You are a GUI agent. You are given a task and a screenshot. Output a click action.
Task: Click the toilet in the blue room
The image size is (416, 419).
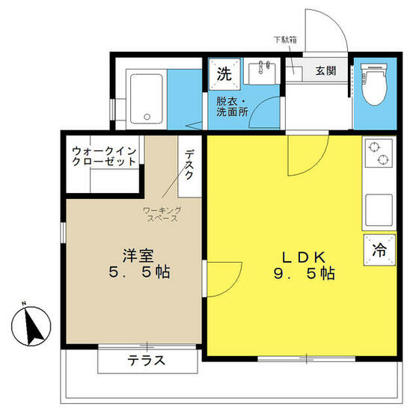pos(374,84)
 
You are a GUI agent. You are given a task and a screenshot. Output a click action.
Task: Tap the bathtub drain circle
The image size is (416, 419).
pos(147,117)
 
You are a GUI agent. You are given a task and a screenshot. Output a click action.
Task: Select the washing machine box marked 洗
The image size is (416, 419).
pos(224,74)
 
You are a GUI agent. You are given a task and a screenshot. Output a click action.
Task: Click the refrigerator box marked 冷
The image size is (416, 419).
pos(379,250)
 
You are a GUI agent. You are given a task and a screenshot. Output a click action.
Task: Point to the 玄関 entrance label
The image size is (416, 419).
pos(325,71)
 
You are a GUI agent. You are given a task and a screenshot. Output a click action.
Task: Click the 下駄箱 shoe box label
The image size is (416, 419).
pos(285,40)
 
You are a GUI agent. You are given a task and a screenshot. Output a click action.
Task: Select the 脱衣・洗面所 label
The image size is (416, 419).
pos(232,106)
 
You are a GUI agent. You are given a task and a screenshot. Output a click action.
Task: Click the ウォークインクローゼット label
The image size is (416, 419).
pos(104,156)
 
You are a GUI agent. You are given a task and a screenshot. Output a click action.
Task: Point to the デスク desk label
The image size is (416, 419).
pos(189,164)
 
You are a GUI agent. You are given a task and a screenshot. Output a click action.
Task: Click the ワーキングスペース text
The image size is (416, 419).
pos(162,214)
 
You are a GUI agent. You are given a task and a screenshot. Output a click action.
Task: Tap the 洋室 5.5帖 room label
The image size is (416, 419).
pos(139,263)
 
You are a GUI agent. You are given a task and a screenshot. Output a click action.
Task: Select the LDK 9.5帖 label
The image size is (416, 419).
pos(305,266)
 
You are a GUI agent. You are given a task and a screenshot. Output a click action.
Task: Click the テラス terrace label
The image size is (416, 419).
pos(147,361)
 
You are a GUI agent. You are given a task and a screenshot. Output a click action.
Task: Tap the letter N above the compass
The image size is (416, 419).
pos(24,303)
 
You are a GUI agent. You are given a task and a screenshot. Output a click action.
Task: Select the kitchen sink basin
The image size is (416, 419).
pos(379,209)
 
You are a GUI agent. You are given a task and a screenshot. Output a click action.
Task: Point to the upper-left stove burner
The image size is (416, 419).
pos(373,147)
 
